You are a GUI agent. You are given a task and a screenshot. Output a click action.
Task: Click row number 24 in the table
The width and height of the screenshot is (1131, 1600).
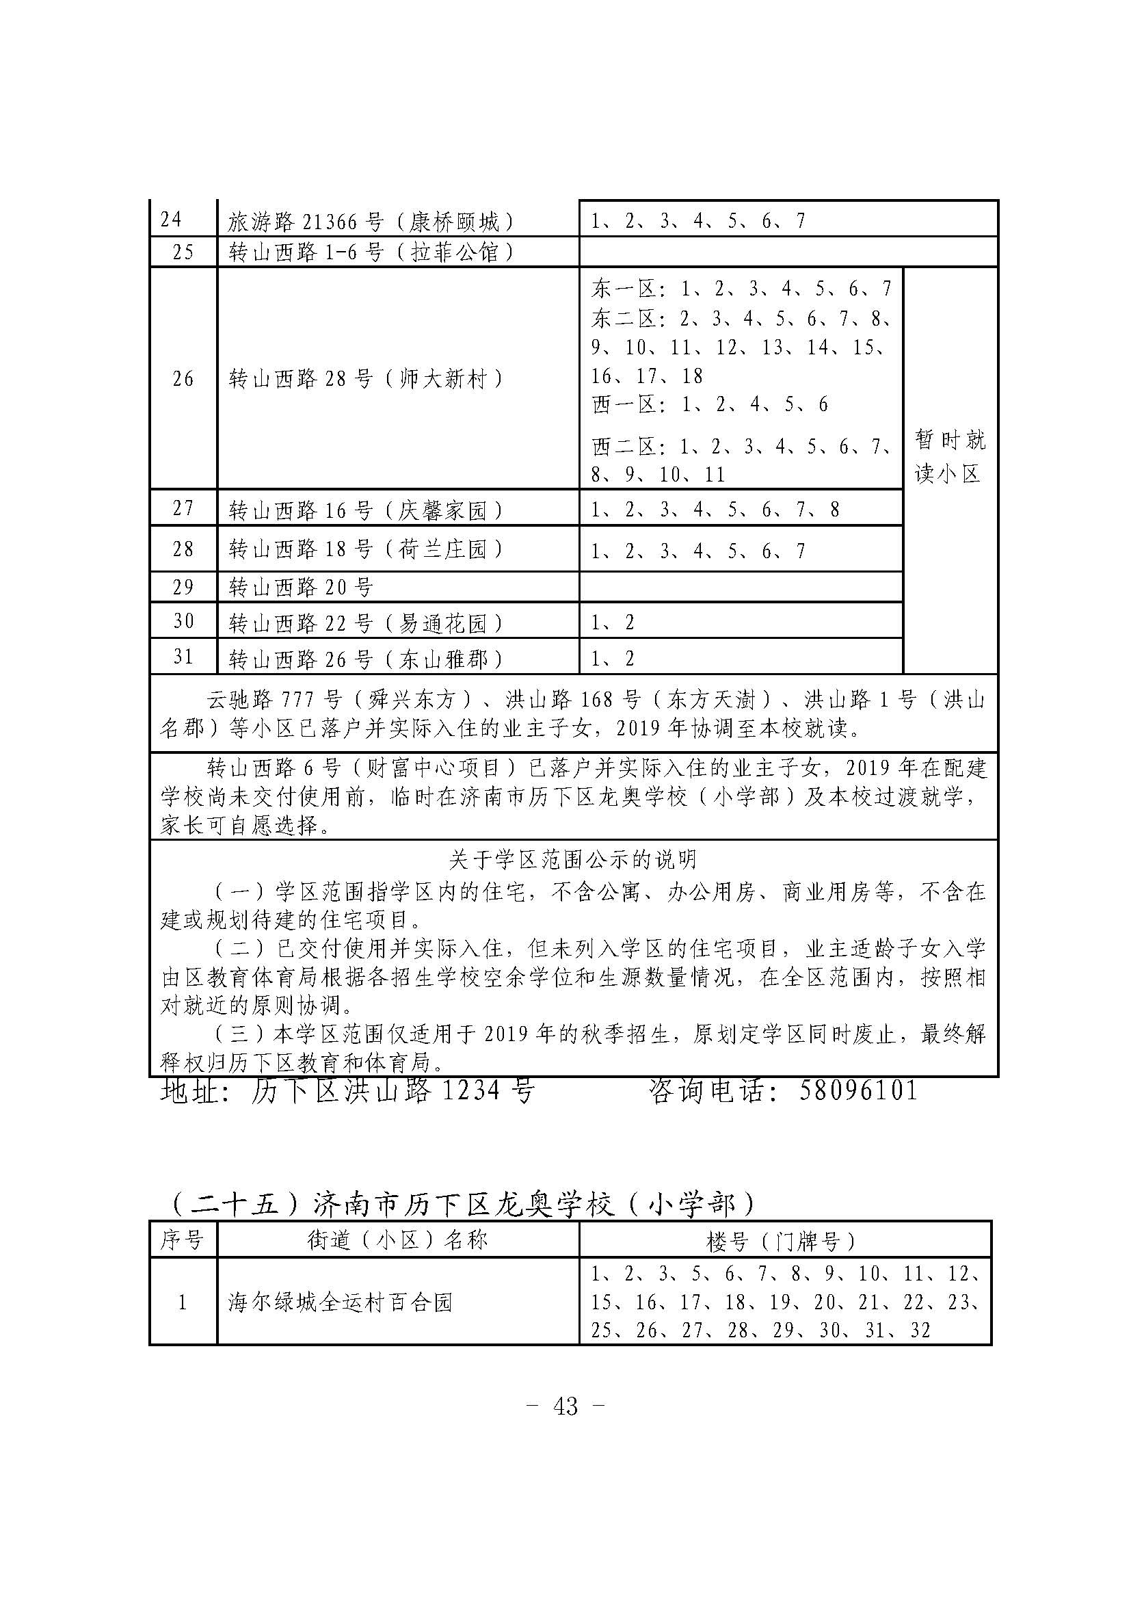(171, 220)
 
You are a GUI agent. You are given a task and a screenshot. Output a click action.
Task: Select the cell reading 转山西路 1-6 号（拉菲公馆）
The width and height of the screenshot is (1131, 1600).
(371, 252)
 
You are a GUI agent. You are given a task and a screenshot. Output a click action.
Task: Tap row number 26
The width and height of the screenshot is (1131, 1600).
(183, 379)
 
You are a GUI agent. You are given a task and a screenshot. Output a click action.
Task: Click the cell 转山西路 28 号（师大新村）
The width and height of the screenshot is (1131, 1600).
(367, 379)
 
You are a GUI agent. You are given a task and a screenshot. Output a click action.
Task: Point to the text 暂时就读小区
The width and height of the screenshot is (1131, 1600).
(950, 456)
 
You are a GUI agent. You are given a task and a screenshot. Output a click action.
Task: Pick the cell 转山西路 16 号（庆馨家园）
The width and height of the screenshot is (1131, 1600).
(367, 511)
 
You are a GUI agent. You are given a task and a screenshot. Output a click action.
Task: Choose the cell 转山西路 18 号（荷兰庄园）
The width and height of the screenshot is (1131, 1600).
(367, 550)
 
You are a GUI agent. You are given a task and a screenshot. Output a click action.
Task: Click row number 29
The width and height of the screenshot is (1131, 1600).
(183, 588)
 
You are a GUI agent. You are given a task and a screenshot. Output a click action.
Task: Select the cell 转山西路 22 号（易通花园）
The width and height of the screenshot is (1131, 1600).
(367, 622)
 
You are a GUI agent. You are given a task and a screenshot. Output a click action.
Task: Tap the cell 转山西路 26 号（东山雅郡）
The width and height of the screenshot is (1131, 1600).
(367, 659)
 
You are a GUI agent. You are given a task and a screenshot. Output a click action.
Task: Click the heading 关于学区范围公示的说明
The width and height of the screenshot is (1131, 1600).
(572, 861)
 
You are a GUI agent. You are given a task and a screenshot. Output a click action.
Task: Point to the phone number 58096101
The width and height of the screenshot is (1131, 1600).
(858, 1090)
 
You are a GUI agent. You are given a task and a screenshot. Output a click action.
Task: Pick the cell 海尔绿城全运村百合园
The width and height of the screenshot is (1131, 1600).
(341, 1302)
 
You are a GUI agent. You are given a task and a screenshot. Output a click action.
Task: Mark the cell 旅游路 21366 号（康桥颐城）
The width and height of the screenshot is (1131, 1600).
(371, 222)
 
